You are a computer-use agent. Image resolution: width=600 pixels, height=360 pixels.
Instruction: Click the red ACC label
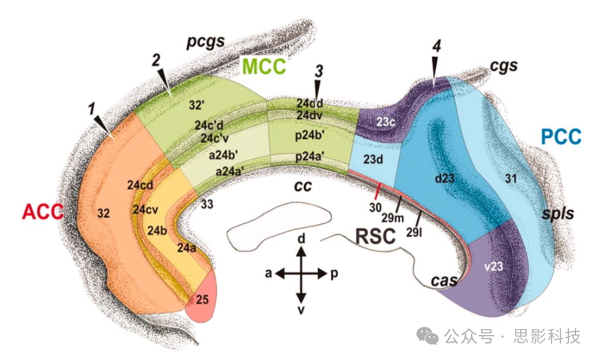42,212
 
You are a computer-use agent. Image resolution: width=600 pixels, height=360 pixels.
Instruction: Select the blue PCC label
560,136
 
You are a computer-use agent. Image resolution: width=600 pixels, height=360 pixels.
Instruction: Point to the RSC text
375,237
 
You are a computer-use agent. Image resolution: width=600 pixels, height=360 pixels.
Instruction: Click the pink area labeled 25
202,300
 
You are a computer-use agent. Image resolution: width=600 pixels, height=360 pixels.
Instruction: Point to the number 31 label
511,177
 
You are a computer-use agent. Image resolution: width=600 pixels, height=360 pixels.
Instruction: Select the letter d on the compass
301,239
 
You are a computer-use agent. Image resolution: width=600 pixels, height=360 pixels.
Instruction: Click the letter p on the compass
333,273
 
